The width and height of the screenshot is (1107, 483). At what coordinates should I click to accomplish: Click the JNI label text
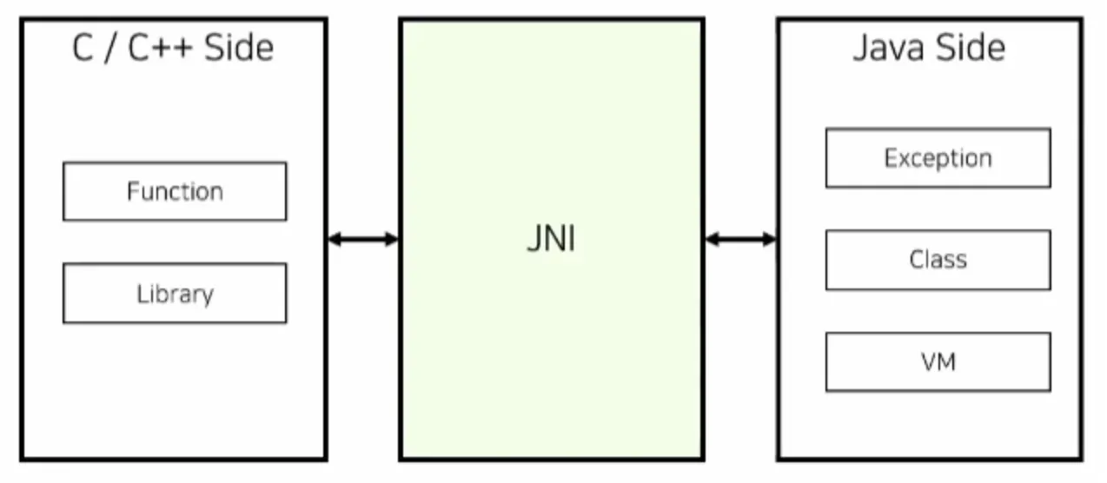pos(551,239)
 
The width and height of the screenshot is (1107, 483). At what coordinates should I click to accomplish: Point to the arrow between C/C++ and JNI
pos(362,240)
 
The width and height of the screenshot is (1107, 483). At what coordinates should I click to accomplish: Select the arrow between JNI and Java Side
pos(740,239)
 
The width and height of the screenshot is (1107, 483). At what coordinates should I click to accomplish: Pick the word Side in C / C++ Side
pos(238,48)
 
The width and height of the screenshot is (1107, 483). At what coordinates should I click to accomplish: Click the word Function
pos(175,191)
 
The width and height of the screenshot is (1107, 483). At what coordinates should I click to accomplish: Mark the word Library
pos(175,294)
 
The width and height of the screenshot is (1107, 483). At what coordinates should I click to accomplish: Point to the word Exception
pos(938,158)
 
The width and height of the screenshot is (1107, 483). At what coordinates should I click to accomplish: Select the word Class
pos(938,260)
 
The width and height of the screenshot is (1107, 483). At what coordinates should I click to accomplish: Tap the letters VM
pos(938,361)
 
